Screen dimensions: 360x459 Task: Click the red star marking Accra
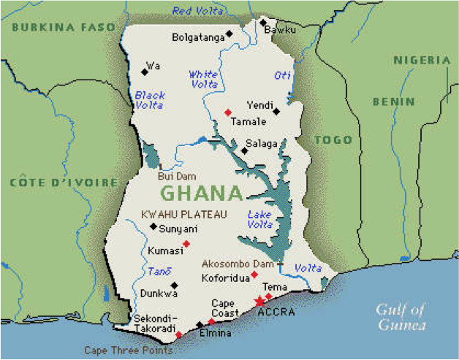point(259,301)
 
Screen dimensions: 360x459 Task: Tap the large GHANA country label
point(200,194)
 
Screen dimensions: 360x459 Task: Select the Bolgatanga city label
point(198,37)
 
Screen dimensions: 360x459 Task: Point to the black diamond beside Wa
point(144,72)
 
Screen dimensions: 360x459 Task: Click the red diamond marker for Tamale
point(228,112)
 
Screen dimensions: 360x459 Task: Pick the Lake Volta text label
point(259,220)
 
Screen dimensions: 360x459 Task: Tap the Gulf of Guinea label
point(401,318)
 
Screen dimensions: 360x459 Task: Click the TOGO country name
point(333,139)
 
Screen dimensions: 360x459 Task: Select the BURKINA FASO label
point(64,27)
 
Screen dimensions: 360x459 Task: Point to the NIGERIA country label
point(422,60)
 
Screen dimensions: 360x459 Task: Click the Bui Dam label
point(174,176)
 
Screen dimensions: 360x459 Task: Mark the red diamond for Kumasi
point(186,243)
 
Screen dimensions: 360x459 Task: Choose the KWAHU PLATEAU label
point(183,214)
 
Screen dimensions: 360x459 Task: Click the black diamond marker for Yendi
point(276,112)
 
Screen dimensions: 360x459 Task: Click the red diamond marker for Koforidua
point(254,275)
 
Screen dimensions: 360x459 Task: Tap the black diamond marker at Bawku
point(264,23)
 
